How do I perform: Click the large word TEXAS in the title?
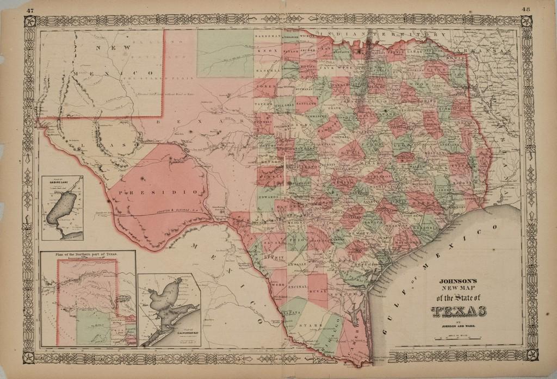(459, 310)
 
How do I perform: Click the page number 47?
(30, 10)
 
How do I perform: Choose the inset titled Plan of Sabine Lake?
(63, 208)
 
